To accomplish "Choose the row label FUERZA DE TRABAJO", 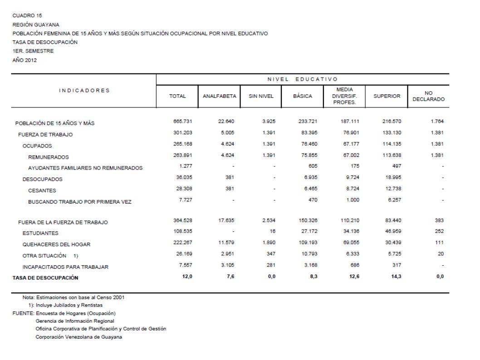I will tap(45, 135).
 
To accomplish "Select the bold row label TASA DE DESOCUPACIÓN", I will tap(45, 277).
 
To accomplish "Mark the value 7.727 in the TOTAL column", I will tap(178, 200).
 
